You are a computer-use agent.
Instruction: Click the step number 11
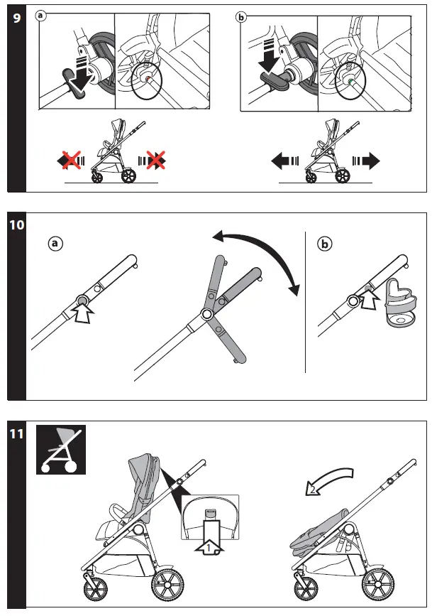16,433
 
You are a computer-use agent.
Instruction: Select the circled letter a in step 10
56,244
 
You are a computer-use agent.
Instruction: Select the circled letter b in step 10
325,244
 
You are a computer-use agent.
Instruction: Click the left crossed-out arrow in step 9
71,162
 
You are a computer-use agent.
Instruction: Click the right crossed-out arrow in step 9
154,162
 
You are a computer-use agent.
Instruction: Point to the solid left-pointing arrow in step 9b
284,162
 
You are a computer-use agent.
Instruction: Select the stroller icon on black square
60,450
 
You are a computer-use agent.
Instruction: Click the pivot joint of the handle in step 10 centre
207,314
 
